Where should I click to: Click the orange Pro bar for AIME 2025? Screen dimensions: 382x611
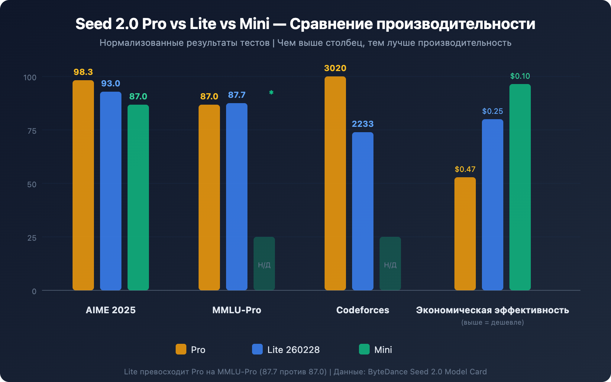pyautogui.click(x=83, y=185)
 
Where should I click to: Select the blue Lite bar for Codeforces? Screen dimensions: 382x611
pyautogui.click(x=362, y=211)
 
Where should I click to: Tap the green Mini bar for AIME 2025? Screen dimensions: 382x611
pyautogui.click(x=138, y=197)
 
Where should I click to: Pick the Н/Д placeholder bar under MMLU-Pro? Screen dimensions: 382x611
pyautogui.click(x=264, y=264)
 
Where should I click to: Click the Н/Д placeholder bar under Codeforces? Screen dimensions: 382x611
pyautogui.click(x=390, y=264)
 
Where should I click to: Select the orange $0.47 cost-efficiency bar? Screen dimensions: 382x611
pyautogui.click(x=465, y=234)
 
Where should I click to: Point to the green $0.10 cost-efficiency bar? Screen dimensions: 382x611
pyautogui.click(x=520, y=187)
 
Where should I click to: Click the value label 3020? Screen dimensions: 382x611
pyautogui.click(x=335, y=68)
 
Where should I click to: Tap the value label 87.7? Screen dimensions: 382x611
pyautogui.click(x=236, y=95)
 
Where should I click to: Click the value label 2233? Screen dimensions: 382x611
pyautogui.click(x=362, y=124)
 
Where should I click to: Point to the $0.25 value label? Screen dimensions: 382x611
pyautogui.click(x=492, y=112)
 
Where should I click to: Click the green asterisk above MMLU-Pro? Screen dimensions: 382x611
pyautogui.click(x=271, y=92)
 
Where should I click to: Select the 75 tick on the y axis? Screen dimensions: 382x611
pyautogui.click(x=32, y=131)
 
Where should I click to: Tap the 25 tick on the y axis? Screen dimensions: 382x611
pyautogui.click(x=32, y=238)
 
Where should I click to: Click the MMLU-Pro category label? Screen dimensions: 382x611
pyautogui.click(x=236, y=310)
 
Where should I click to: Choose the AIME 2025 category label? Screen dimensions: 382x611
pyautogui.click(x=110, y=310)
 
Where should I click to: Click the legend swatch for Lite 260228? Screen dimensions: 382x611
pyautogui.click(x=257, y=349)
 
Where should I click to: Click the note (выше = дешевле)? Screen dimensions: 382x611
pyautogui.click(x=492, y=322)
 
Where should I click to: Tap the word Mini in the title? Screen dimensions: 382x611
pyautogui.click(x=254, y=24)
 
